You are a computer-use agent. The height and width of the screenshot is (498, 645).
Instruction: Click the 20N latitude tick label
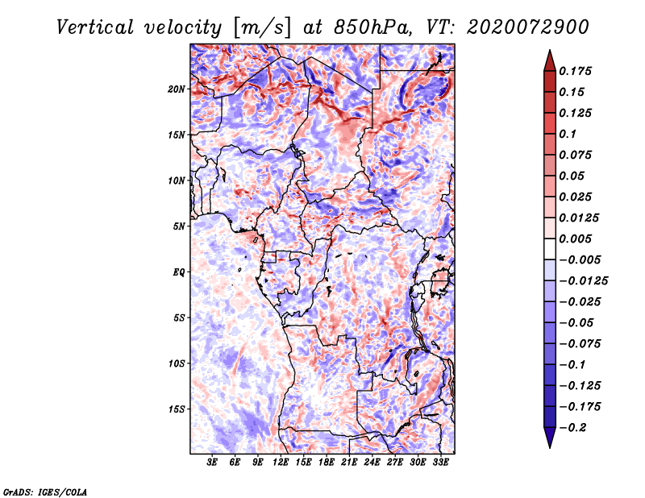pyautogui.click(x=177, y=89)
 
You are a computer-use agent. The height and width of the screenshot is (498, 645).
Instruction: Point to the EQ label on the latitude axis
pyautogui.click(x=179, y=272)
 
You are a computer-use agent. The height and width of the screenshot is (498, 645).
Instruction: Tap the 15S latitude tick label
pyautogui.click(x=177, y=409)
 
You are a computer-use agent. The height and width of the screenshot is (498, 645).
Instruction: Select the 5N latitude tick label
pyautogui.click(x=179, y=226)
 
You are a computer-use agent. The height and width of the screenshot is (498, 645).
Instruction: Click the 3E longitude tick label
pyautogui.click(x=212, y=463)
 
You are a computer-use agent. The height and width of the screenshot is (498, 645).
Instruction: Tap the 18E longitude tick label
pyautogui.click(x=326, y=463)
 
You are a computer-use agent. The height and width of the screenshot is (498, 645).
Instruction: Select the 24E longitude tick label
pyautogui.click(x=372, y=463)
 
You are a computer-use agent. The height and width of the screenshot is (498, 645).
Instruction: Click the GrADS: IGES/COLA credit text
pyautogui.click(x=45, y=491)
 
